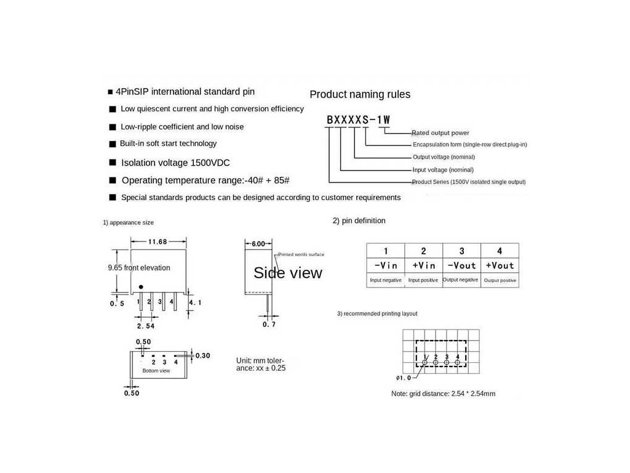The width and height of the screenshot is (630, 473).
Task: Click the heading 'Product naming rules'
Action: [x=360, y=94]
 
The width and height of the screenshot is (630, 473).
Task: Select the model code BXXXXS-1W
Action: [x=358, y=120]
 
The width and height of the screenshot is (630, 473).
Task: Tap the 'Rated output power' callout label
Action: [x=441, y=132]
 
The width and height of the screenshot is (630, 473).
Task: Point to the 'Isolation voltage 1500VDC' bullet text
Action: [x=175, y=163]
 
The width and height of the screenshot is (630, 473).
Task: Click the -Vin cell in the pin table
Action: [x=386, y=265]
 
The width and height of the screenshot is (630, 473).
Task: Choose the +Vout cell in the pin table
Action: [x=500, y=265]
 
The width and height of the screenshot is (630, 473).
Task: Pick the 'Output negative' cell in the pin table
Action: [x=461, y=280]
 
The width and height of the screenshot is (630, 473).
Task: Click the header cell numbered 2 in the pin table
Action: [x=423, y=251]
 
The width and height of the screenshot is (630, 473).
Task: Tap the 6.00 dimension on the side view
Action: [x=258, y=244]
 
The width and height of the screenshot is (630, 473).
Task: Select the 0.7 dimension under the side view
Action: [x=269, y=324]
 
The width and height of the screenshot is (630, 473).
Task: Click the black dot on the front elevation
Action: [x=141, y=287]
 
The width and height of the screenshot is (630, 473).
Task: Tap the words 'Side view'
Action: [x=288, y=273]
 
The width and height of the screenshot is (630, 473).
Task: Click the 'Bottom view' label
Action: [x=156, y=371]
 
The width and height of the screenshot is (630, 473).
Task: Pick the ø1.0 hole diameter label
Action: [x=404, y=378]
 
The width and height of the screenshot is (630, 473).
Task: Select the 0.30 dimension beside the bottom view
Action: [x=202, y=355]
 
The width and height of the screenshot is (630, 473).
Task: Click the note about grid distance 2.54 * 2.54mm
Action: [x=443, y=394]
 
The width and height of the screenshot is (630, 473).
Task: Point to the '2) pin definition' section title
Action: [x=359, y=220]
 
